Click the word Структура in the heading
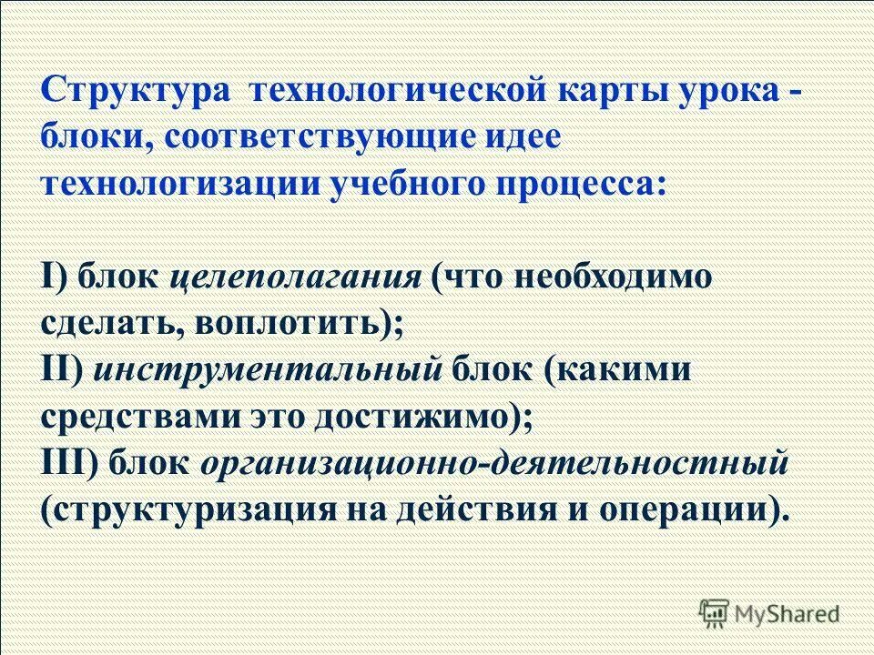[136, 92]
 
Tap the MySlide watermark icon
[716, 613]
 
